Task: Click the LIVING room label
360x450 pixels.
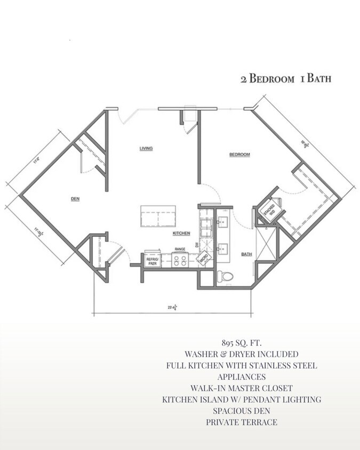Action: (x=146, y=148)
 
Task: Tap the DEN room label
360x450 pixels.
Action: (x=75, y=199)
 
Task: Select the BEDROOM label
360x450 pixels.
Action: (x=239, y=155)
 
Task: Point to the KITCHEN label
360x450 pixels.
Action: (x=181, y=234)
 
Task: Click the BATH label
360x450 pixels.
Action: (x=246, y=254)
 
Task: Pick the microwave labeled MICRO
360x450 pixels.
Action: (x=203, y=259)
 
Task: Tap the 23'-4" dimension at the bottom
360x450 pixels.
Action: (x=172, y=308)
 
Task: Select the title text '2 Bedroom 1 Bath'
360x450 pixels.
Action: (x=285, y=79)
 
